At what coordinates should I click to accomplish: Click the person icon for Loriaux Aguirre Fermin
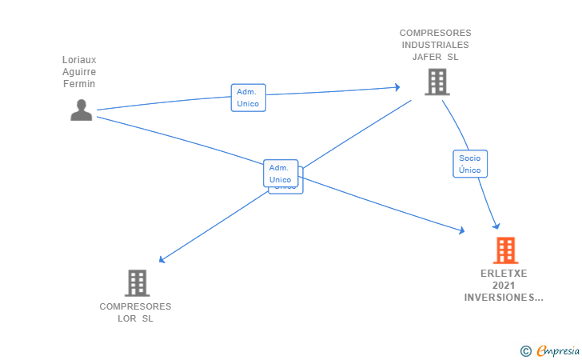click(81, 110)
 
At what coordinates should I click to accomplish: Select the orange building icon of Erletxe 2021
click(505, 250)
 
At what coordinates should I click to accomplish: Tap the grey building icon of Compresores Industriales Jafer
click(436, 82)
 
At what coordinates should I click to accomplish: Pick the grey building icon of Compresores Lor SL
click(137, 282)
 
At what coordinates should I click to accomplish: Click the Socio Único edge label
click(470, 164)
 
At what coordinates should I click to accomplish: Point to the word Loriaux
click(79, 60)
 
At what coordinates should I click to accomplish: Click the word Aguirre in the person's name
click(79, 72)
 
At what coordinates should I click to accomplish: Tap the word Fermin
click(79, 84)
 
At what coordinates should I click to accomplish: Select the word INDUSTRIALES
click(436, 45)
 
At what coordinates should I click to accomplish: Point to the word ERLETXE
click(504, 274)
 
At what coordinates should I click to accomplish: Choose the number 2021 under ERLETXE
click(504, 286)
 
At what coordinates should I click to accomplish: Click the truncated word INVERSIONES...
click(504, 298)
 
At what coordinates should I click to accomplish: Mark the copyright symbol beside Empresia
click(525, 350)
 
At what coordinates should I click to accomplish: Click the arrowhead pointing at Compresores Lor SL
click(161, 260)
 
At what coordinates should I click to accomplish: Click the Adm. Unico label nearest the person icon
click(248, 98)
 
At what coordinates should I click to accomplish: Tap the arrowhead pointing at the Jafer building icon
click(397, 87)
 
